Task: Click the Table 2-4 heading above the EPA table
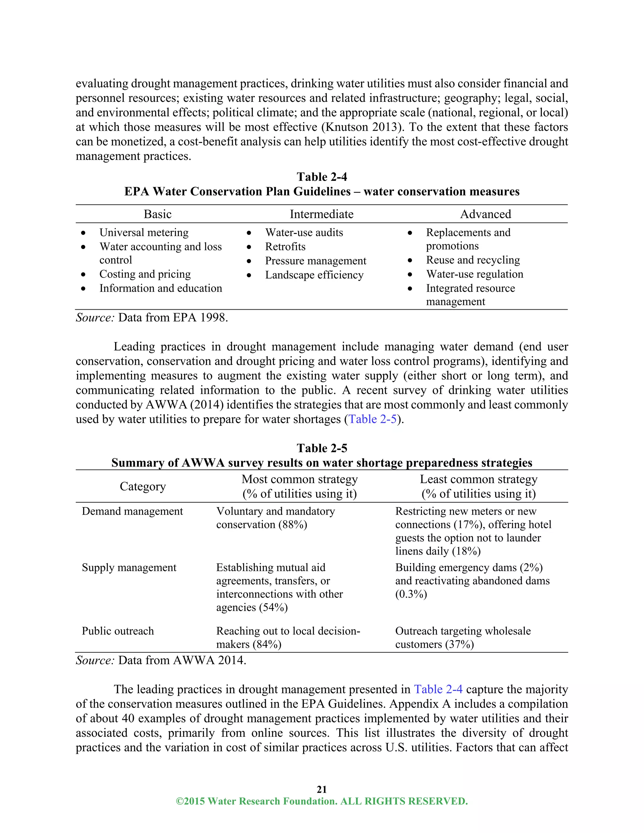pyautogui.click(x=322, y=177)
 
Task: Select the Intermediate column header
pyautogui.click(x=321, y=214)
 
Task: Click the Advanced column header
pyautogui.click(x=485, y=214)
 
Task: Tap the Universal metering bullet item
pyautogui.click(x=144, y=232)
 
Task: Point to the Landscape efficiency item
pyautogui.click(x=314, y=275)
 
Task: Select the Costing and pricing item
pyautogui.click(x=145, y=274)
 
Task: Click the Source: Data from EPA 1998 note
pyautogui.click(x=152, y=317)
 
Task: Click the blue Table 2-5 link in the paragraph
pyautogui.click(x=373, y=419)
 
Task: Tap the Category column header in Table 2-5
pyautogui.click(x=143, y=486)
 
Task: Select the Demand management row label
pyautogui.click(x=132, y=511)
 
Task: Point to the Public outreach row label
pyautogui.click(x=118, y=631)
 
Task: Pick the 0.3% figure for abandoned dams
pyautogui.click(x=411, y=594)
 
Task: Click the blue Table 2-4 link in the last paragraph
pyautogui.click(x=438, y=689)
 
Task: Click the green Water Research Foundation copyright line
pyautogui.click(x=322, y=801)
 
